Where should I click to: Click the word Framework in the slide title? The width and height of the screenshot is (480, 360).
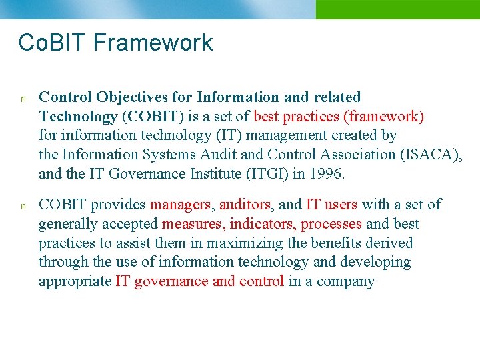pos(153,43)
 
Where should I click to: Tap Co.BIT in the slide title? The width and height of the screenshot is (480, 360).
pos(53,43)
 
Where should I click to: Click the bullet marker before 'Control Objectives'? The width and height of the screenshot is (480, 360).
pos(22,99)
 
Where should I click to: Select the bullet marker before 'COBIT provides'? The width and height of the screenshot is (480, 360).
pos(22,206)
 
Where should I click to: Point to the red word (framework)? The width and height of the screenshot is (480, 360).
pos(383,117)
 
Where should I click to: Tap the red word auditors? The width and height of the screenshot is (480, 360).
pos(245,205)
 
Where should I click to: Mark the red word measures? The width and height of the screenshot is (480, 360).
pos(194,224)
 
